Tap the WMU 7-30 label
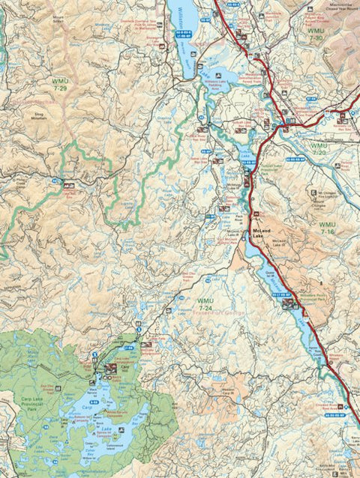coord(319,34)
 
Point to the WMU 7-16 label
coord(328,229)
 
